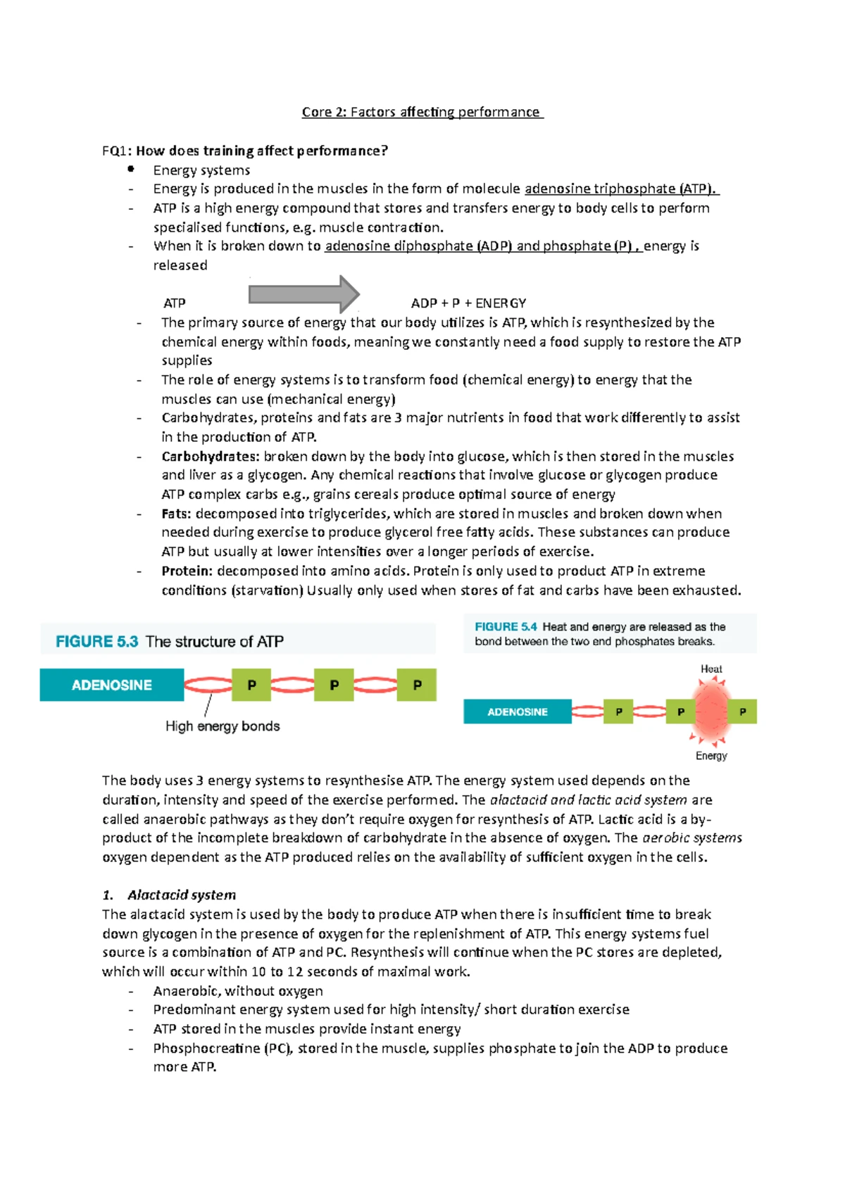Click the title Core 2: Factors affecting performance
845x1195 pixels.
coord(422,112)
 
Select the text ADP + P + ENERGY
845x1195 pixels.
coord(468,303)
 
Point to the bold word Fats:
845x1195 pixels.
coord(177,514)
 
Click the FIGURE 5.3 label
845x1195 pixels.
coord(96,641)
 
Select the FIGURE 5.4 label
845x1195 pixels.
coord(506,626)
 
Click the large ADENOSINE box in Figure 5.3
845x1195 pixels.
coord(111,685)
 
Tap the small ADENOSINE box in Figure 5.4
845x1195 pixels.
coord(517,712)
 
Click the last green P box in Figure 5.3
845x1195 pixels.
coord(417,685)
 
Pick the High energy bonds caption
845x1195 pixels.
coord(223,726)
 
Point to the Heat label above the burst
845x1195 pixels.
coord(711,669)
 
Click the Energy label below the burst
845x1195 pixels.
coord(711,755)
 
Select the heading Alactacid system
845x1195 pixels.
coord(181,894)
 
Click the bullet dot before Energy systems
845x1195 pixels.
coord(130,169)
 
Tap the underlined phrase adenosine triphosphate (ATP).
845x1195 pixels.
coord(621,189)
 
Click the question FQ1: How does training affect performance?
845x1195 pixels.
coord(244,151)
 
